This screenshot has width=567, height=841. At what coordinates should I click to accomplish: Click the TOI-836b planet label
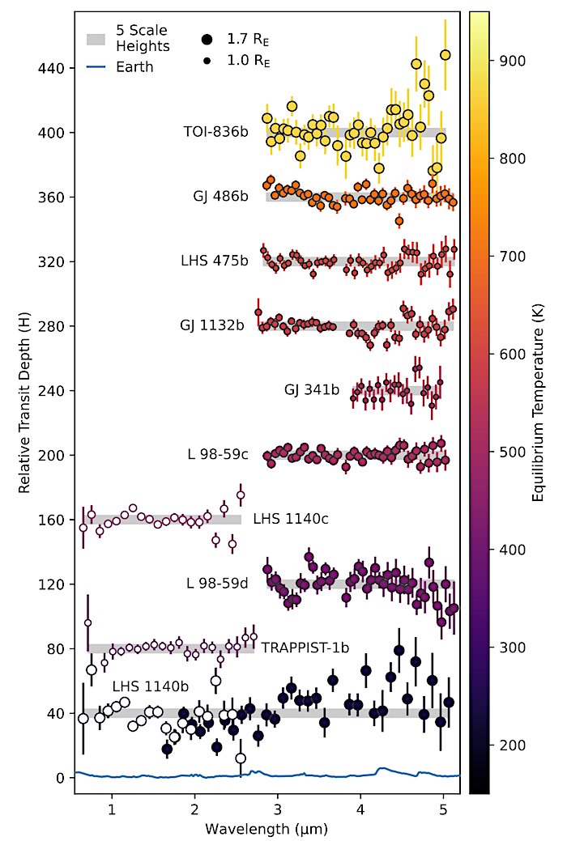(x=215, y=133)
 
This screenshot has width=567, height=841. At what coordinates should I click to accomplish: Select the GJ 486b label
(x=220, y=197)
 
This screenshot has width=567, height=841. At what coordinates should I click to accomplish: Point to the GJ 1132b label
(x=211, y=326)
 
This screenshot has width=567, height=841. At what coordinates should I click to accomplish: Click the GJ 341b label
(x=312, y=391)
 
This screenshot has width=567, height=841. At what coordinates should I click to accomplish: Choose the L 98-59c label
(x=217, y=455)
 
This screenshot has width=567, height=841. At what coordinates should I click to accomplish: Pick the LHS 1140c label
(x=290, y=519)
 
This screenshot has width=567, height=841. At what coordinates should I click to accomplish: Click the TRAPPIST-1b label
(x=305, y=648)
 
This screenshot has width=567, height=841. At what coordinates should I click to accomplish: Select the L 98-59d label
(x=217, y=583)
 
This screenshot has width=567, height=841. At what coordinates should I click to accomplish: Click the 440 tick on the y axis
(x=51, y=68)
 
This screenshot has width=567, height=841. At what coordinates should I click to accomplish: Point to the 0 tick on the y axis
(x=60, y=778)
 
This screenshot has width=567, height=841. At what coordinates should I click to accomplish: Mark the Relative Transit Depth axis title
(x=25, y=405)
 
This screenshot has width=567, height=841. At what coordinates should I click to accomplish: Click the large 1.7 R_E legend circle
(x=207, y=38)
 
